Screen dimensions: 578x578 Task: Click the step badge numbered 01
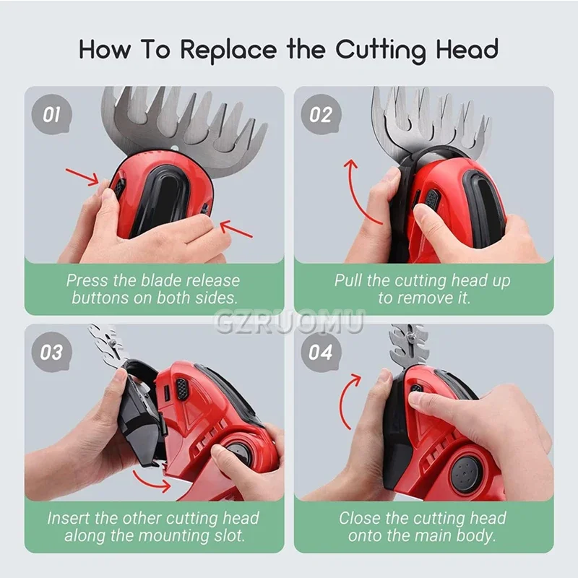[51, 114]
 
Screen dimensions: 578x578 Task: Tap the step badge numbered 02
[321, 114]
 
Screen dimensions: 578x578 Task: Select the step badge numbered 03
[51, 352]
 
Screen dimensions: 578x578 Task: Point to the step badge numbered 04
[321, 352]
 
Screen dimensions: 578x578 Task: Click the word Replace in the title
[228, 50]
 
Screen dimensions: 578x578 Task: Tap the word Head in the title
[467, 49]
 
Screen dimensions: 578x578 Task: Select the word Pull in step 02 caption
[349, 280]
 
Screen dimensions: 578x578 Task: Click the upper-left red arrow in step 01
[82, 176]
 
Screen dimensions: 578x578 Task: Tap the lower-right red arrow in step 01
[236, 229]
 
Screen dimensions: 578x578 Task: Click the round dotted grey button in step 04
[465, 475]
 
